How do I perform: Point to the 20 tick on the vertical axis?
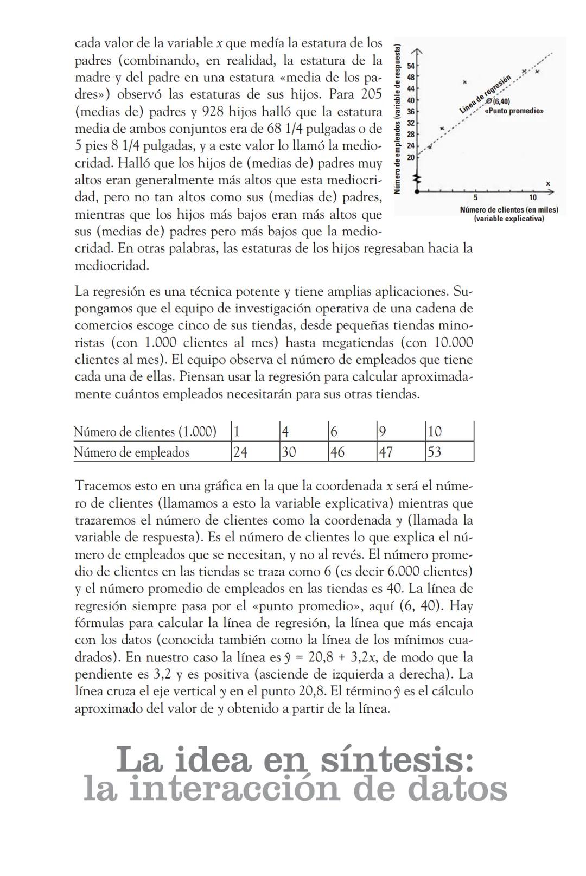pos(410,157)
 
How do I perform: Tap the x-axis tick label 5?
pos(475,197)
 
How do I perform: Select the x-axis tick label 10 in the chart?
pos(533,197)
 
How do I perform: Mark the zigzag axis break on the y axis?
pos(417,178)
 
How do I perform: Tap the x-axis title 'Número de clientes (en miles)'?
pos(508,210)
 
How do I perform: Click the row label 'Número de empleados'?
pos(131,452)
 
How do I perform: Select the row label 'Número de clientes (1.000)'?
pos(145,432)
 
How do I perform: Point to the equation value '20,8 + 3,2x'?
pos(341,657)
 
